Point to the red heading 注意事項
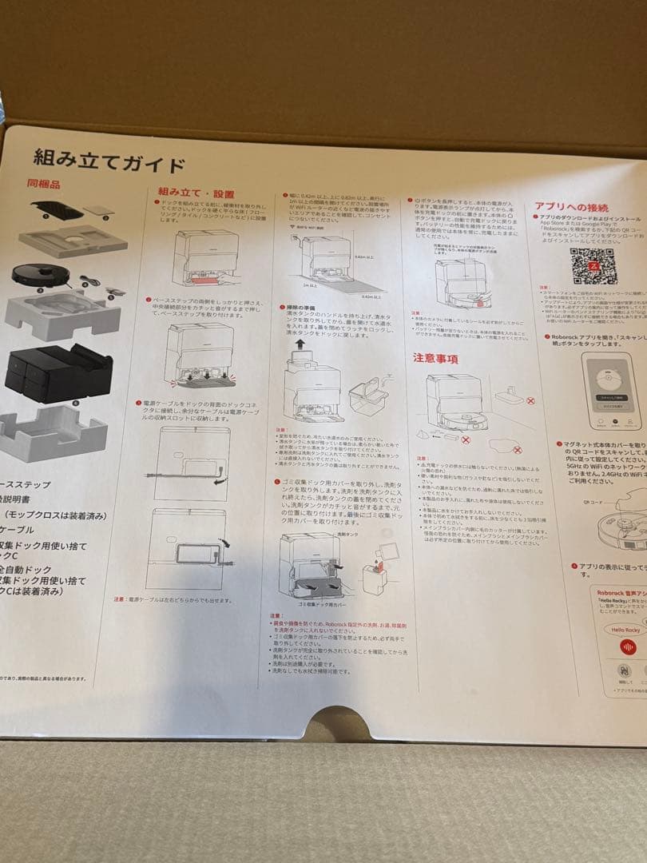[435, 359]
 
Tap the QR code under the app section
[593, 266]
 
